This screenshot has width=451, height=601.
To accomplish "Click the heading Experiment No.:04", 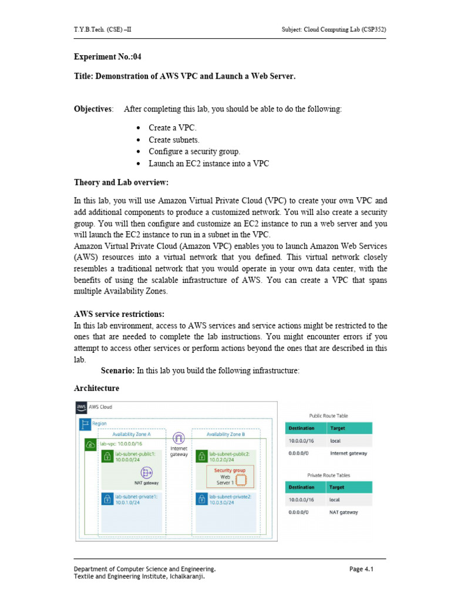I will pyautogui.click(x=107, y=57).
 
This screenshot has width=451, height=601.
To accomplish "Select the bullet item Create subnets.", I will pyautogui.click(x=174, y=140).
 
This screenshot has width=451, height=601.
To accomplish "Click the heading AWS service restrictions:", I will pyautogui.click(x=119, y=313).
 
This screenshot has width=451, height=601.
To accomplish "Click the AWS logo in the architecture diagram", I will pyautogui.click(x=81, y=407).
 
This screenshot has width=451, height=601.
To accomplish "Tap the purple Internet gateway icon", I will pyautogui.click(x=179, y=438).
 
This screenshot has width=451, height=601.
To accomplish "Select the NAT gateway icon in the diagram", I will pyautogui.click(x=146, y=472).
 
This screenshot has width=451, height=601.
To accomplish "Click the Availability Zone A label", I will pyautogui.click(x=132, y=434).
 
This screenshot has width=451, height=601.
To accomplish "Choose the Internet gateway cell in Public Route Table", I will pyautogui.click(x=348, y=453).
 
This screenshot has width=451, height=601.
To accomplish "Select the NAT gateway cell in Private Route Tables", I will pyautogui.click(x=344, y=512).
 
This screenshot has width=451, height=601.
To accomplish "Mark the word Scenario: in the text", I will pyautogui.click(x=117, y=371).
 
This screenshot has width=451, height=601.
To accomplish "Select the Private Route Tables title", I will pyautogui.click(x=328, y=474).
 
